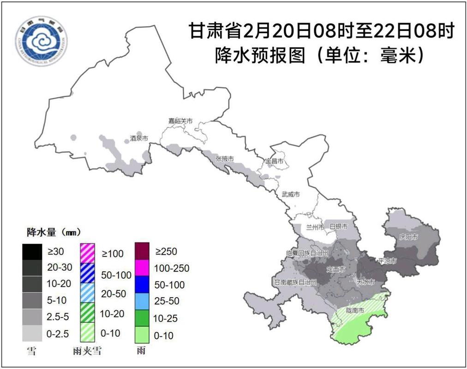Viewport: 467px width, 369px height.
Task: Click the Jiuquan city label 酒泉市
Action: click(x=138, y=138)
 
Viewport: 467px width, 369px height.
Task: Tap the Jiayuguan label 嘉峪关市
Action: click(x=180, y=121)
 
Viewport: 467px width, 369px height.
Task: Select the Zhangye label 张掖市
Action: click(x=225, y=159)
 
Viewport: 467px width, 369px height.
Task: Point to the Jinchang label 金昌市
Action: click(x=274, y=161)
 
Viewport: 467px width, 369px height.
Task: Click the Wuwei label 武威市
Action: click(x=291, y=194)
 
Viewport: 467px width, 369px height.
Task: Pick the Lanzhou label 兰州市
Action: click(x=316, y=227)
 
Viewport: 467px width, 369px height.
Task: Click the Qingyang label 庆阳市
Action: click(x=408, y=237)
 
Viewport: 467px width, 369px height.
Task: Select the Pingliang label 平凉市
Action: click(x=387, y=261)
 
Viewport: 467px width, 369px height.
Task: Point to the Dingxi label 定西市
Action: click(x=336, y=269)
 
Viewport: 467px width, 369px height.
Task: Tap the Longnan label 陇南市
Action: click(x=355, y=310)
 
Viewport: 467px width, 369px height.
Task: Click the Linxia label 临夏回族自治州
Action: click(x=307, y=254)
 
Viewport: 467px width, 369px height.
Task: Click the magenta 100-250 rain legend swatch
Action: click(x=148, y=268)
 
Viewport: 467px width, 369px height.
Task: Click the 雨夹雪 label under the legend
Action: click(x=87, y=351)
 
